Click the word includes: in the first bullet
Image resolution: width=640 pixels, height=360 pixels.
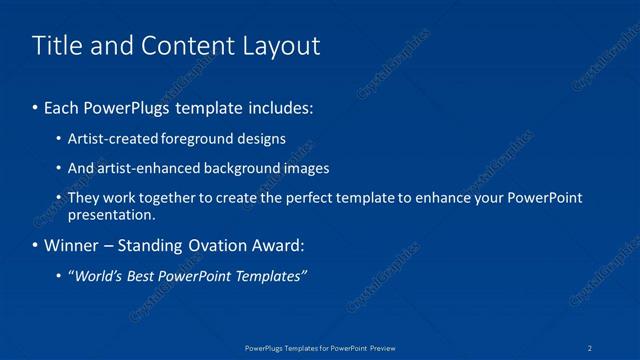pyautogui.click(x=279, y=106)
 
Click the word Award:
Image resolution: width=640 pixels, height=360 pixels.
pyautogui.click(x=281, y=245)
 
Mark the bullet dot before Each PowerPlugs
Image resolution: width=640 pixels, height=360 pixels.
pyautogui.click(x=36, y=107)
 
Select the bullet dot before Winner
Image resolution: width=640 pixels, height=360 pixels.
pyautogui.click(x=36, y=246)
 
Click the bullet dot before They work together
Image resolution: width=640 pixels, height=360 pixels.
pyautogui.click(x=59, y=198)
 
